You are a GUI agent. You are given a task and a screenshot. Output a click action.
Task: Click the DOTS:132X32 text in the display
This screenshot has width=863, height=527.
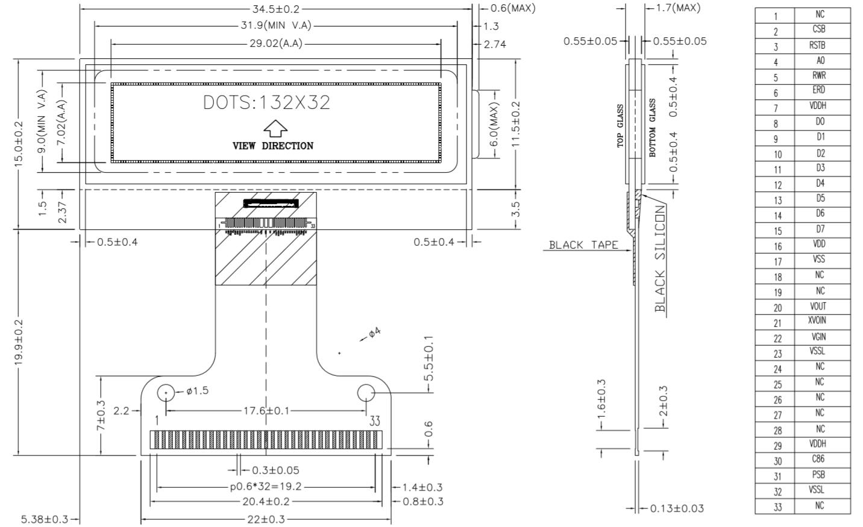pyautogui.click(x=266, y=102)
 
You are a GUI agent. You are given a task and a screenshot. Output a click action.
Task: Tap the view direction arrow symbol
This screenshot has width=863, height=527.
pyautogui.click(x=275, y=128)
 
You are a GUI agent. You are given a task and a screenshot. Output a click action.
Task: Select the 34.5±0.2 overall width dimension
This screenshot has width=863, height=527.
pyautogui.click(x=276, y=9)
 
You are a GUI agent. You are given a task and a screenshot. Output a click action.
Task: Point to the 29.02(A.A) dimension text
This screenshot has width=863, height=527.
pyautogui.click(x=276, y=43)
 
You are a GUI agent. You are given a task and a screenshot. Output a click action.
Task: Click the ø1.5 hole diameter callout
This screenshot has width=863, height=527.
pyautogui.click(x=197, y=391)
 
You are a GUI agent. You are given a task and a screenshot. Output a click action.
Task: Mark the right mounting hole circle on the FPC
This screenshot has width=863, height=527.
pyautogui.click(x=366, y=393)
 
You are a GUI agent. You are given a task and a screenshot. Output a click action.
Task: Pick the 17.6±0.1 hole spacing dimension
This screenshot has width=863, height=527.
pyautogui.click(x=266, y=411)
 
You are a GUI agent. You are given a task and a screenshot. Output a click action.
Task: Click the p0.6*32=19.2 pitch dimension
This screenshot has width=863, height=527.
pyautogui.click(x=266, y=487)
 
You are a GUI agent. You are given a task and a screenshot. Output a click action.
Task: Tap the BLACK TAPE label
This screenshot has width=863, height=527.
pyautogui.click(x=583, y=245)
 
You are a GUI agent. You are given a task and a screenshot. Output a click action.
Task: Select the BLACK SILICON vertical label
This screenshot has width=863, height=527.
pyautogui.click(x=660, y=258)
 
